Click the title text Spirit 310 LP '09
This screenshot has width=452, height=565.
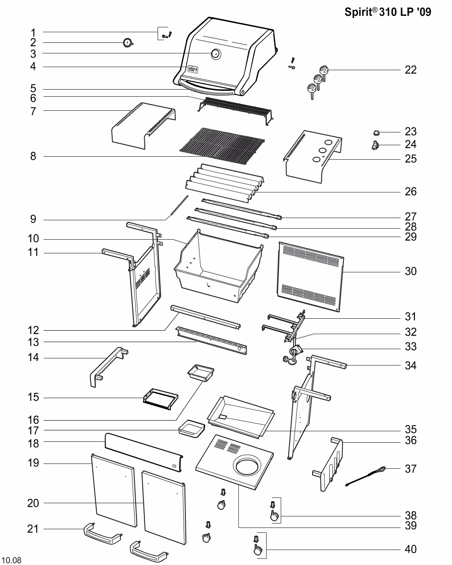[x=388, y=12]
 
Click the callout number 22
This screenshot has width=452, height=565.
[x=411, y=70]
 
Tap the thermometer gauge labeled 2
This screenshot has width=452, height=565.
[x=128, y=43]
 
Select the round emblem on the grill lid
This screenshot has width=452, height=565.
[x=215, y=54]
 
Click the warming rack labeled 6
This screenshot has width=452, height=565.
[x=236, y=108]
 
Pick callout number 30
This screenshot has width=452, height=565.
[x=411, y=271]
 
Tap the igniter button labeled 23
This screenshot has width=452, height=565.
[x=377, y=132]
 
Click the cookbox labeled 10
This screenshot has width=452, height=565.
[x=216, y=269]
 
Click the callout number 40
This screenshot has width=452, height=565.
[x=411, y=550]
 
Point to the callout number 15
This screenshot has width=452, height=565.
[x=34, y=398]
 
